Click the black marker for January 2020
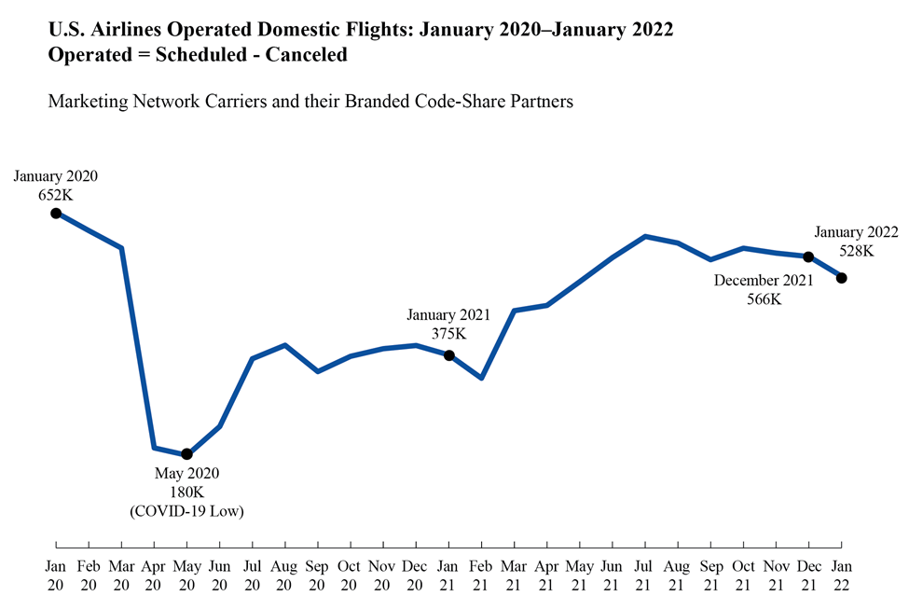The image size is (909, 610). point(56,214)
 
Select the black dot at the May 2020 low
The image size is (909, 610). point(186,454)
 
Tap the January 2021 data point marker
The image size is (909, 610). point(448,355)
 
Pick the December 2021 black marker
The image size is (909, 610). point(808,256)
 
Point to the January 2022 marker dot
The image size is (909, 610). point(842,278)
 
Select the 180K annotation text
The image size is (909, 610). point(186,492)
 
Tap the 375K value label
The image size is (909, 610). point(448,333)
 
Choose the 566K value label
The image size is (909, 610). point(764,299)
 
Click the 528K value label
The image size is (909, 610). point(856,251)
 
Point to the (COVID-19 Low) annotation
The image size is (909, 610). point(186,510)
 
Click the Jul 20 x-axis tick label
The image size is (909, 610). point(252,575)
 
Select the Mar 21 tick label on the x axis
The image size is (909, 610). point(515,575)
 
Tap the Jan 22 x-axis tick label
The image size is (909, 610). point(842,575)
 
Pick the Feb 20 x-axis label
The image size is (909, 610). point(89,575)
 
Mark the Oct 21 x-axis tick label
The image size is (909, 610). point(743,575)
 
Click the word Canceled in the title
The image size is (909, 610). point(307,55)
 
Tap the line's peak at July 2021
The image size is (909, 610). point(645,236)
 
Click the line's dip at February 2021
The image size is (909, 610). point(481,378)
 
